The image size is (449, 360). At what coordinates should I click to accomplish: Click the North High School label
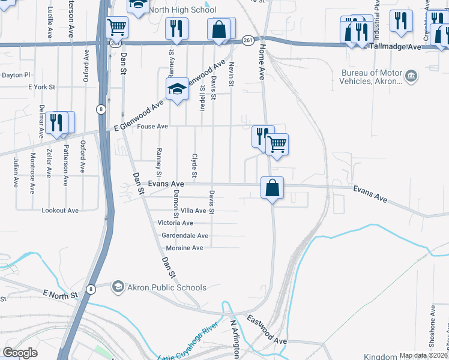[x=182, y=10]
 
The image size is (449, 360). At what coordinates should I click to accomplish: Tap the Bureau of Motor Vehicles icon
[x=411, y=76]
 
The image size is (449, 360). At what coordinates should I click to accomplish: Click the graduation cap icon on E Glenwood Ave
[x=177, y=90]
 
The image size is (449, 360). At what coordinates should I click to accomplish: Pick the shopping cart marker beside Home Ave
[x=277, y=144]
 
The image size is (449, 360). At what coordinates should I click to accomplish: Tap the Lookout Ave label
[x=60, y=211]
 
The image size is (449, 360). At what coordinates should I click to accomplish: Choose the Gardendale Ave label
[x=185, y=236]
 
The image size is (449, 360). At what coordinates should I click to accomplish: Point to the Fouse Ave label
[x=154, y=127]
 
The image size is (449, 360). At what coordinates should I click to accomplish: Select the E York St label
[x=41, y=87]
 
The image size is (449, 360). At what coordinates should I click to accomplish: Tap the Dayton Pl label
[x=16, y=75]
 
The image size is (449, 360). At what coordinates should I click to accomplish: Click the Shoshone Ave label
[x=432, y=327]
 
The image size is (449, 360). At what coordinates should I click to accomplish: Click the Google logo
[x=20, y=353]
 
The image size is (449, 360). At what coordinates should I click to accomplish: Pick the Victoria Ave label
[x=175, y=223]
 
